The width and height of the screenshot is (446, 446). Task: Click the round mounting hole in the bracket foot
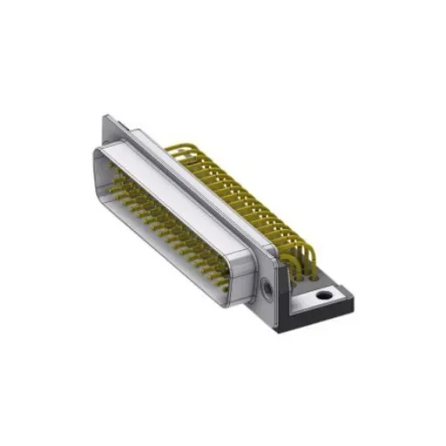click(x=324, y=296)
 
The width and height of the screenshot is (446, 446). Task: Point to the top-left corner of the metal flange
click(x=106, y=116)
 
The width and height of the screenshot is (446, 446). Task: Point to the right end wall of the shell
click(x=245, y=271)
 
